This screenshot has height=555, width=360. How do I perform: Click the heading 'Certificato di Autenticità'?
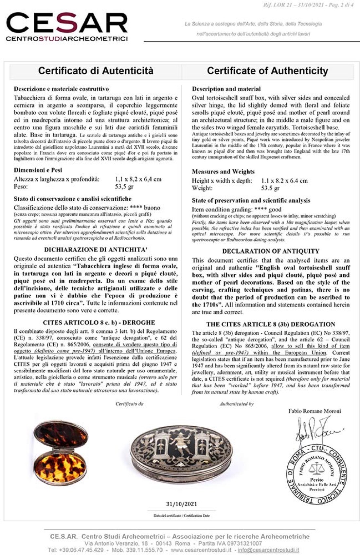point(96,71)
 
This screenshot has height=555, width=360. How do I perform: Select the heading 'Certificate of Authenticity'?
point(267,71)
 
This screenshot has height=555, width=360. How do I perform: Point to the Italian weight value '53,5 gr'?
point(124,187)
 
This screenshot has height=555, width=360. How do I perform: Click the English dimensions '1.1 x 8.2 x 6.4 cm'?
point(284,181)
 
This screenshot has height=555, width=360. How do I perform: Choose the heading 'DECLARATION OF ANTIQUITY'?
point(271,251)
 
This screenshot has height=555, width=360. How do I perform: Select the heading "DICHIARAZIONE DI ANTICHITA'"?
point(95,250)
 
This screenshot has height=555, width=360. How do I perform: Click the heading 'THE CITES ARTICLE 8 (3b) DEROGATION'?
point(271,324)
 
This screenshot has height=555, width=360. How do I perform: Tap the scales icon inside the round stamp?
point(316,469)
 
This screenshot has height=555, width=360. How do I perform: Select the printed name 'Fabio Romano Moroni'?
point(315,411)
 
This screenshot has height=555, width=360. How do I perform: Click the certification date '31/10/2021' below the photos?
point(182,504)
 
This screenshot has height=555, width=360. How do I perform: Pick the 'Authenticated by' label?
point(236,404)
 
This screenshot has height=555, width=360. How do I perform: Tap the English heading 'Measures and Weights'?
point(223,172)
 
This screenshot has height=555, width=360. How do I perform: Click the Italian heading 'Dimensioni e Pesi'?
point(38,170)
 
